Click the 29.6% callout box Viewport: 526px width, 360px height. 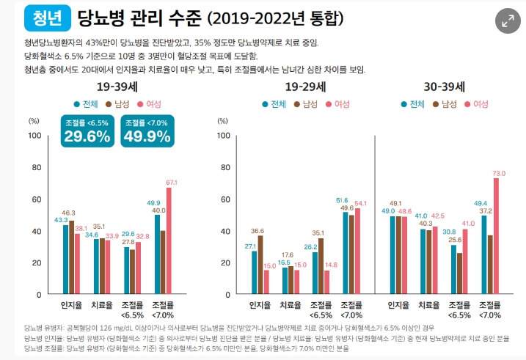pos(87,131)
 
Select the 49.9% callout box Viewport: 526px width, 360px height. pos(147,131)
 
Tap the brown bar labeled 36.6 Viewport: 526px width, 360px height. pos(261,265)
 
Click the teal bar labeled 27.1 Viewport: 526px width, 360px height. pos(254,272)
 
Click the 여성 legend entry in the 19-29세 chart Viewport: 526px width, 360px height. pos(338,104)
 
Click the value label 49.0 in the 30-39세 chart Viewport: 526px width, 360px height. pos(388,210)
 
